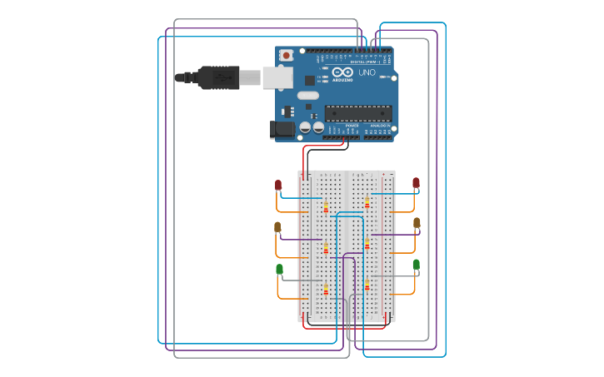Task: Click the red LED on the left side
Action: (278, 185)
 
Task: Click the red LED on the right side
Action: (416, 183)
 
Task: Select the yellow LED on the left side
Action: (277, 226)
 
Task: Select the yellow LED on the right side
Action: (417, 223)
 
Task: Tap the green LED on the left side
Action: (279, 269)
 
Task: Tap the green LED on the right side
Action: (416, 265)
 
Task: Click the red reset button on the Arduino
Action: (287, 55)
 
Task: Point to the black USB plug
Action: (218, 77)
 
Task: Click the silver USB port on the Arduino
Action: (277, 77)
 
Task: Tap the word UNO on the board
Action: (367, 73)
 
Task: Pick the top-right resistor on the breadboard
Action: (367, 202)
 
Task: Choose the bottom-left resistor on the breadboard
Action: (326, 289)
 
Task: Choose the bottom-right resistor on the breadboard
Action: (367, 285)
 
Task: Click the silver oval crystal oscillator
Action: (307, 96)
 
